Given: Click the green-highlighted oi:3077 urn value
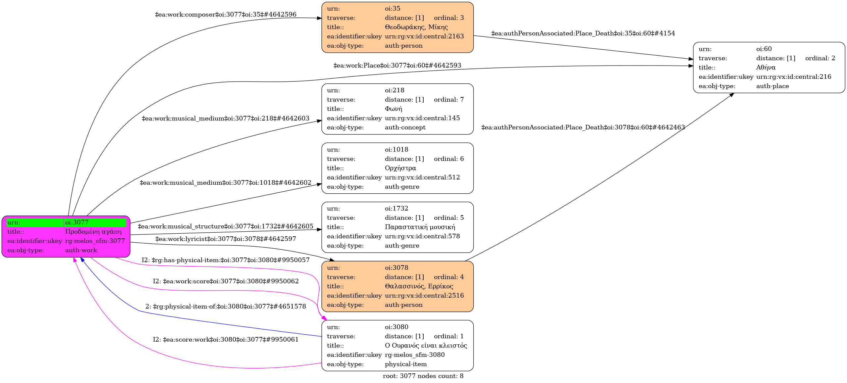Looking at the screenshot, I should tap(77, 222).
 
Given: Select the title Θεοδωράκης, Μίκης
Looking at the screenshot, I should tap(416, 27).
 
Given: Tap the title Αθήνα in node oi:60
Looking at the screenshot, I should tap(766, 68).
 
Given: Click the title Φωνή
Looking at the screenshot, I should tap(393, 109).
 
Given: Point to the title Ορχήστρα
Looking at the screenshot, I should tap(400, 168).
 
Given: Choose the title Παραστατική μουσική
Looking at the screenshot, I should tap(420, 227).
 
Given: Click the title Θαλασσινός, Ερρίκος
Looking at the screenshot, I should tap(419, 286).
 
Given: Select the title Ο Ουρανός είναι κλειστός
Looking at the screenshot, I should tap(426, 346).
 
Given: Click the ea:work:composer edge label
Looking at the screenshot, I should tap(226, 15).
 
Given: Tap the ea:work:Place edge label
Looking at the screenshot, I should tap(397, 66).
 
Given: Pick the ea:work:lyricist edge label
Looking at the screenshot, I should tap(226, 239).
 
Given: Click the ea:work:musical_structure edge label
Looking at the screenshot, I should tap(225, 226).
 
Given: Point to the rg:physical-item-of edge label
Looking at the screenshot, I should tap(226, 307).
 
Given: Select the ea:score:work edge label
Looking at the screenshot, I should tap(226, 340).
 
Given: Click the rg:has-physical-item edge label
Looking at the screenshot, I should tap(226, 260).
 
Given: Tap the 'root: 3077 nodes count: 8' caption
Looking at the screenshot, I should tap(423, 376).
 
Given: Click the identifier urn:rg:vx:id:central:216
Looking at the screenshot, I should tap(793, 77).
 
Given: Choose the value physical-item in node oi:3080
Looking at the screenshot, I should tap(405, 364).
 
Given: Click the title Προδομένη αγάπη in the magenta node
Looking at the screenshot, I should tap(93, 232).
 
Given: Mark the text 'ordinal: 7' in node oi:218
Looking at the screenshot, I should tap(448, 100).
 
